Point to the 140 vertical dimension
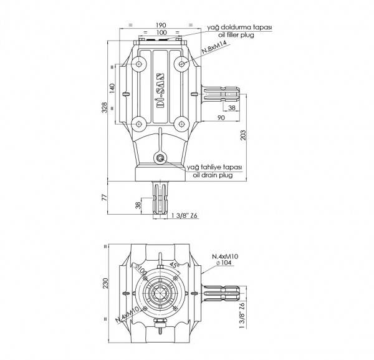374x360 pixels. pyautogui.click(x=112, y=89)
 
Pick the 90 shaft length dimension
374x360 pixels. pyautogui.click(x=221, y=117)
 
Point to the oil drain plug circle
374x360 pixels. pyautogui.click(x=161, y=158)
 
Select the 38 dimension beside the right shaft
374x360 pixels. pyautogui.click(x=232, y=108)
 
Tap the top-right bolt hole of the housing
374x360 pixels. pyautogui.click(x=181, y=64)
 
